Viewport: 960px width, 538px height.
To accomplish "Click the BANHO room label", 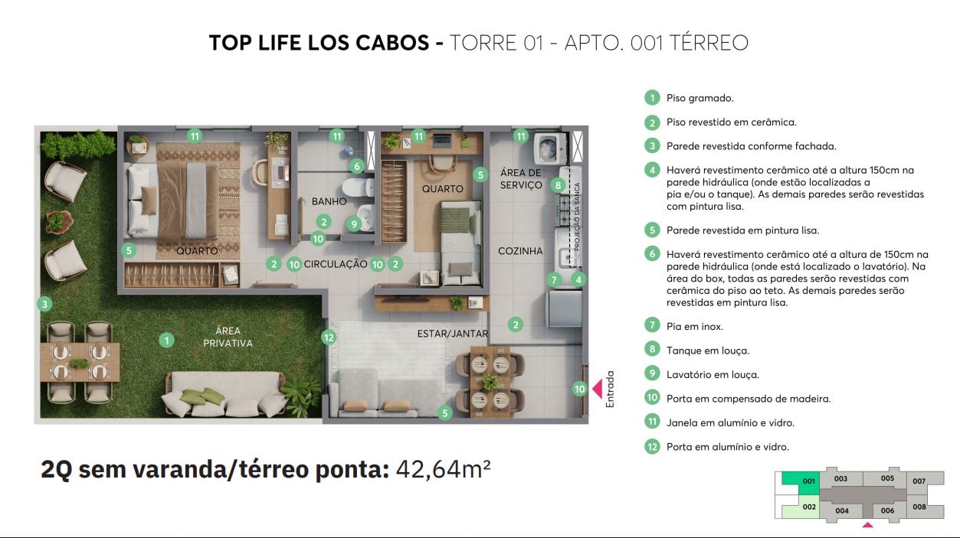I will click(329, 202).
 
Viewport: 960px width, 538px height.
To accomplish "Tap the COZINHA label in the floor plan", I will click(520, 251).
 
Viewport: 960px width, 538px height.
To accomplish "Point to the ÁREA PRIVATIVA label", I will click(228, 337).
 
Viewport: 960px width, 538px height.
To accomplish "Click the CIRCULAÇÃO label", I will click(336, 264).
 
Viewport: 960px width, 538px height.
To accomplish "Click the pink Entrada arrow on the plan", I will click(596, 388).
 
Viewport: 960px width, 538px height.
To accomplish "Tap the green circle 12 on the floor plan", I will click(329, 337).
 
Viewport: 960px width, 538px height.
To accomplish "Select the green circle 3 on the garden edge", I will click(45, 304).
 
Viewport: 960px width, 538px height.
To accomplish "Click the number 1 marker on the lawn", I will click(166, 340).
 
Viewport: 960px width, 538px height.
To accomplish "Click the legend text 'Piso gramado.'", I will click(700, 98).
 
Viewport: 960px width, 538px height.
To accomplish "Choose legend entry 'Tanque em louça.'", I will click(707, 351).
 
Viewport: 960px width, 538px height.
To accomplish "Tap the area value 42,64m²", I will click(443, 468).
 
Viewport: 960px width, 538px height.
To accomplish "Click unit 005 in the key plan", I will click(886, 479).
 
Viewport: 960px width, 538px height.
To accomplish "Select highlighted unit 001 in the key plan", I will click(800, 481).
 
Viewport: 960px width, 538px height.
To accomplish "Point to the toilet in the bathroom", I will click(354, 187).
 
